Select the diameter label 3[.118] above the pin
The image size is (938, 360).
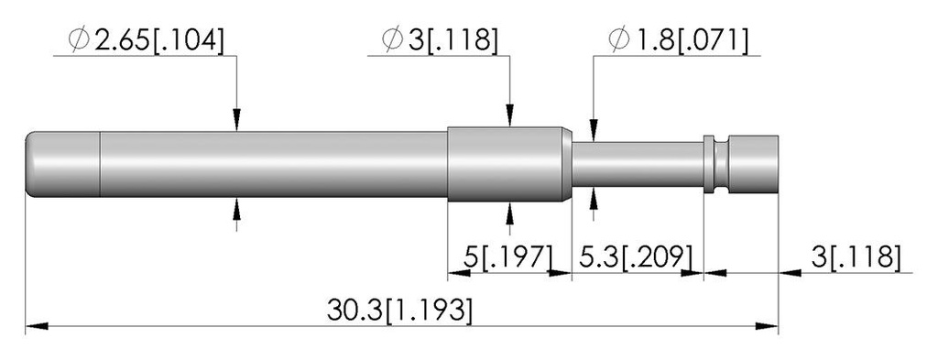454,40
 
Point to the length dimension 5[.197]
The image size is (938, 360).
507,256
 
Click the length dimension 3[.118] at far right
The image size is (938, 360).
856,256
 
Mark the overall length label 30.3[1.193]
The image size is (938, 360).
399,311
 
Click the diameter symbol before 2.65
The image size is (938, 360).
79,40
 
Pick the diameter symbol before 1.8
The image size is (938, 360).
619,40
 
